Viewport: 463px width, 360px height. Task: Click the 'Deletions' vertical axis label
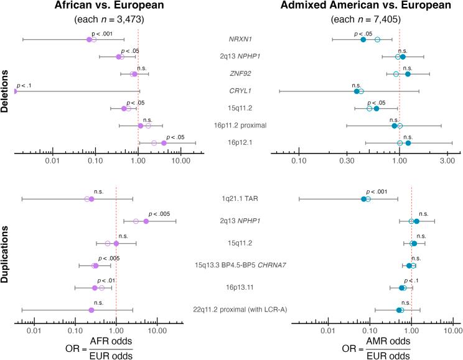tap(6, 92)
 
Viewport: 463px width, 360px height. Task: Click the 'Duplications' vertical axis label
tap(6, 255)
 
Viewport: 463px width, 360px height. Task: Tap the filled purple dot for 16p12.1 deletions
tap(164, 143)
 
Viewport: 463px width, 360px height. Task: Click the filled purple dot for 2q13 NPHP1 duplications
tap(146, 221)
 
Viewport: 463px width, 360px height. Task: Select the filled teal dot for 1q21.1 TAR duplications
tap(364, 199)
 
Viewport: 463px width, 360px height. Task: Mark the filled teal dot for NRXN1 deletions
tap(363, 40)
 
